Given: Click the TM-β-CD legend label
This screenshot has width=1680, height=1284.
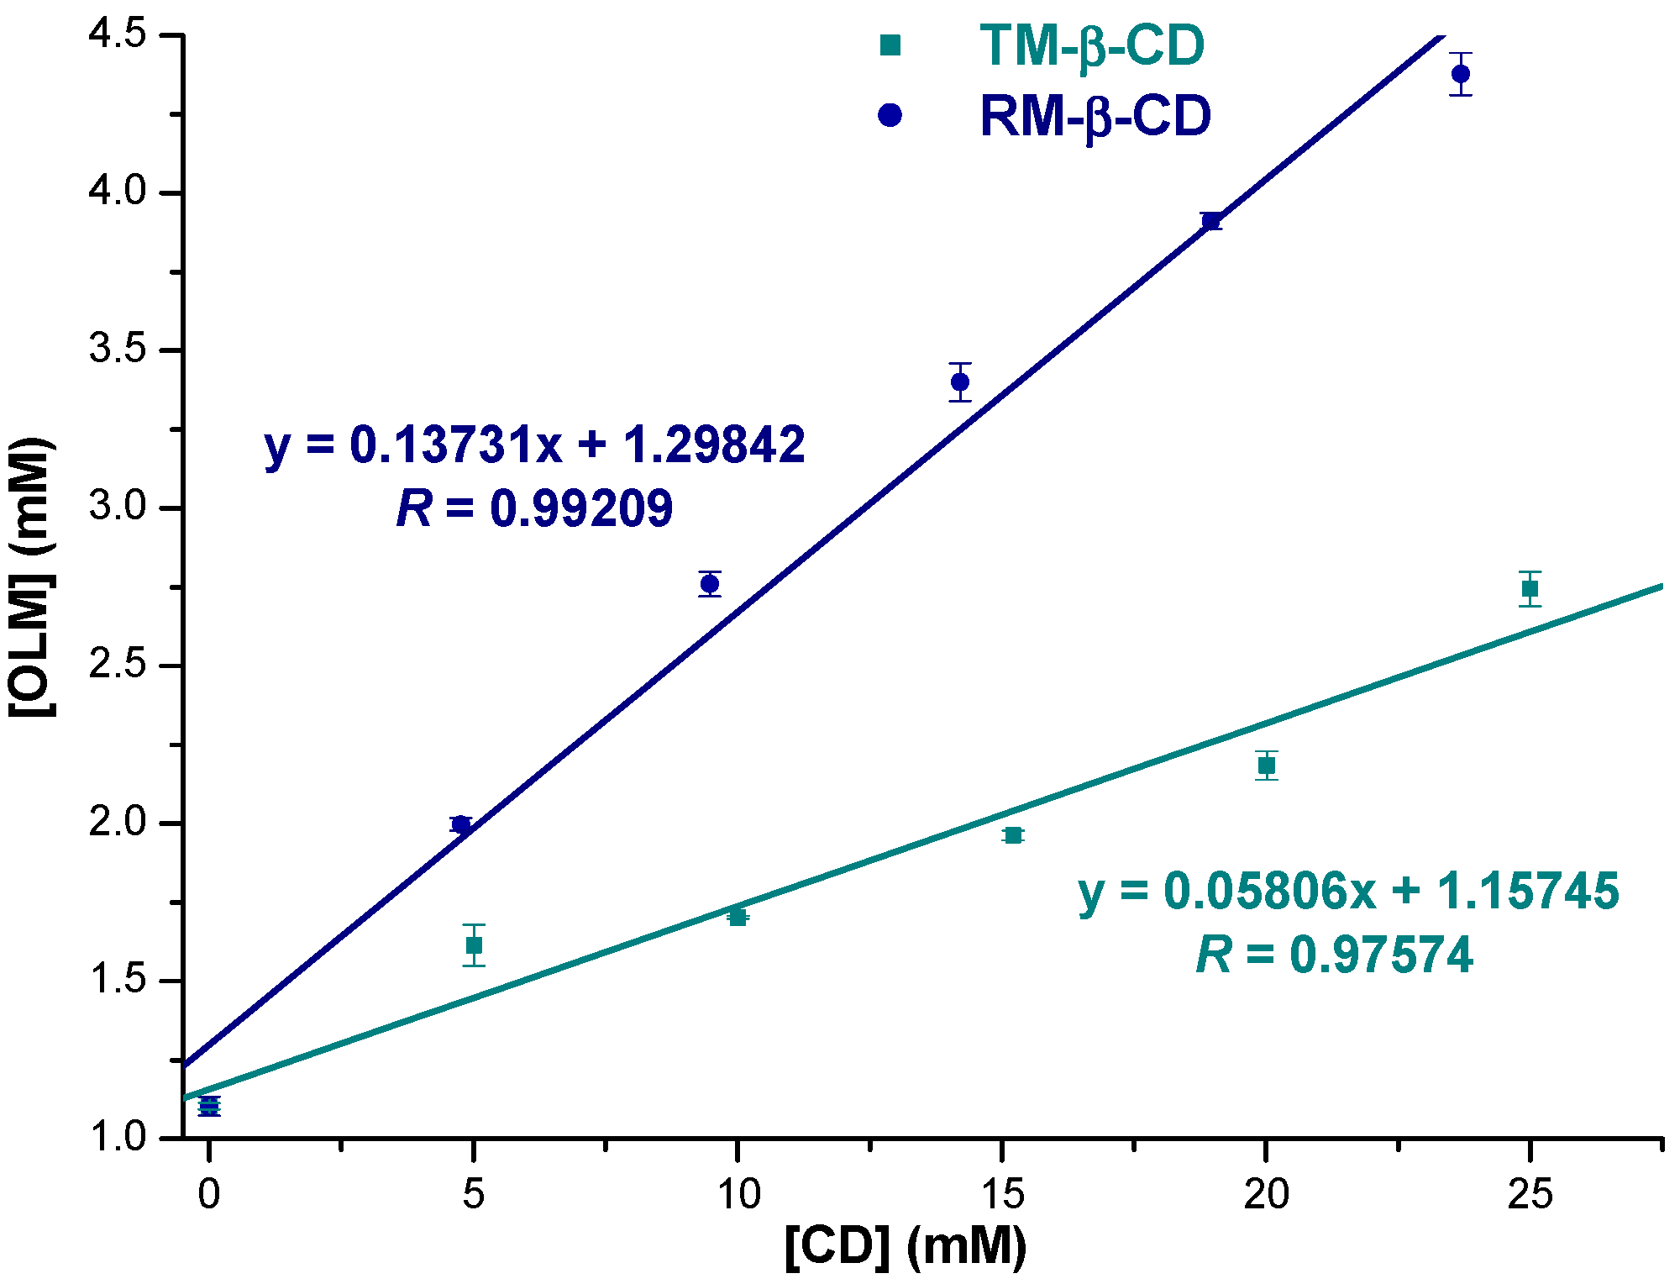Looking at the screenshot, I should [1091, 45].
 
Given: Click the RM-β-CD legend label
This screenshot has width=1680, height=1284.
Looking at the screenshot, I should [1095, 116].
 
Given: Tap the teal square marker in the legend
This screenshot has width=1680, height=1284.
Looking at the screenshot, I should [890, 45].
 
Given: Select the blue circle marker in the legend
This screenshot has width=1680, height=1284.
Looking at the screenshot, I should [890, 115].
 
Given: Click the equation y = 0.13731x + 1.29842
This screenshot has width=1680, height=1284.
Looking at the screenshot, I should [534, 445].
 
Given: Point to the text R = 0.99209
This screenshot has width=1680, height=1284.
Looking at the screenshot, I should [534, 508].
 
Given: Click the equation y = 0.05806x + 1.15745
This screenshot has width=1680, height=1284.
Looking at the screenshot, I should [1348, 891].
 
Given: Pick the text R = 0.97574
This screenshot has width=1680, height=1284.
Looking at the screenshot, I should [1334, 955].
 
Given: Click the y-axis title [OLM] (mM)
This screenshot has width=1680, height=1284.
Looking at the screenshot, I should [32, 576].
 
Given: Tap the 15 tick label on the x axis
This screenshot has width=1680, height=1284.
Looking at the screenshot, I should [1002, 1193].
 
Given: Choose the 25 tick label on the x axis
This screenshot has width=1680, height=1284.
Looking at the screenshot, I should [1530, 1193].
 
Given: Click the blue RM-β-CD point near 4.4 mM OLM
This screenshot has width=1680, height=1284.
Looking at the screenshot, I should [1461, 74].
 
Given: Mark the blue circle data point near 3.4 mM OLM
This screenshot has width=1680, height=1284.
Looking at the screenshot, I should [960, 382].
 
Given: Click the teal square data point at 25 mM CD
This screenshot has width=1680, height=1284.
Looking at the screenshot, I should [1530, 588].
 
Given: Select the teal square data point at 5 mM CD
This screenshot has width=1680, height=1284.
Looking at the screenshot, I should [474, 945].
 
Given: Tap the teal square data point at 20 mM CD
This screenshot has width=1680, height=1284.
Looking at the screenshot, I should [1267, 766].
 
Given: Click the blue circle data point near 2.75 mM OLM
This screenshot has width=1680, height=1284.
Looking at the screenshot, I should [710, 583].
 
